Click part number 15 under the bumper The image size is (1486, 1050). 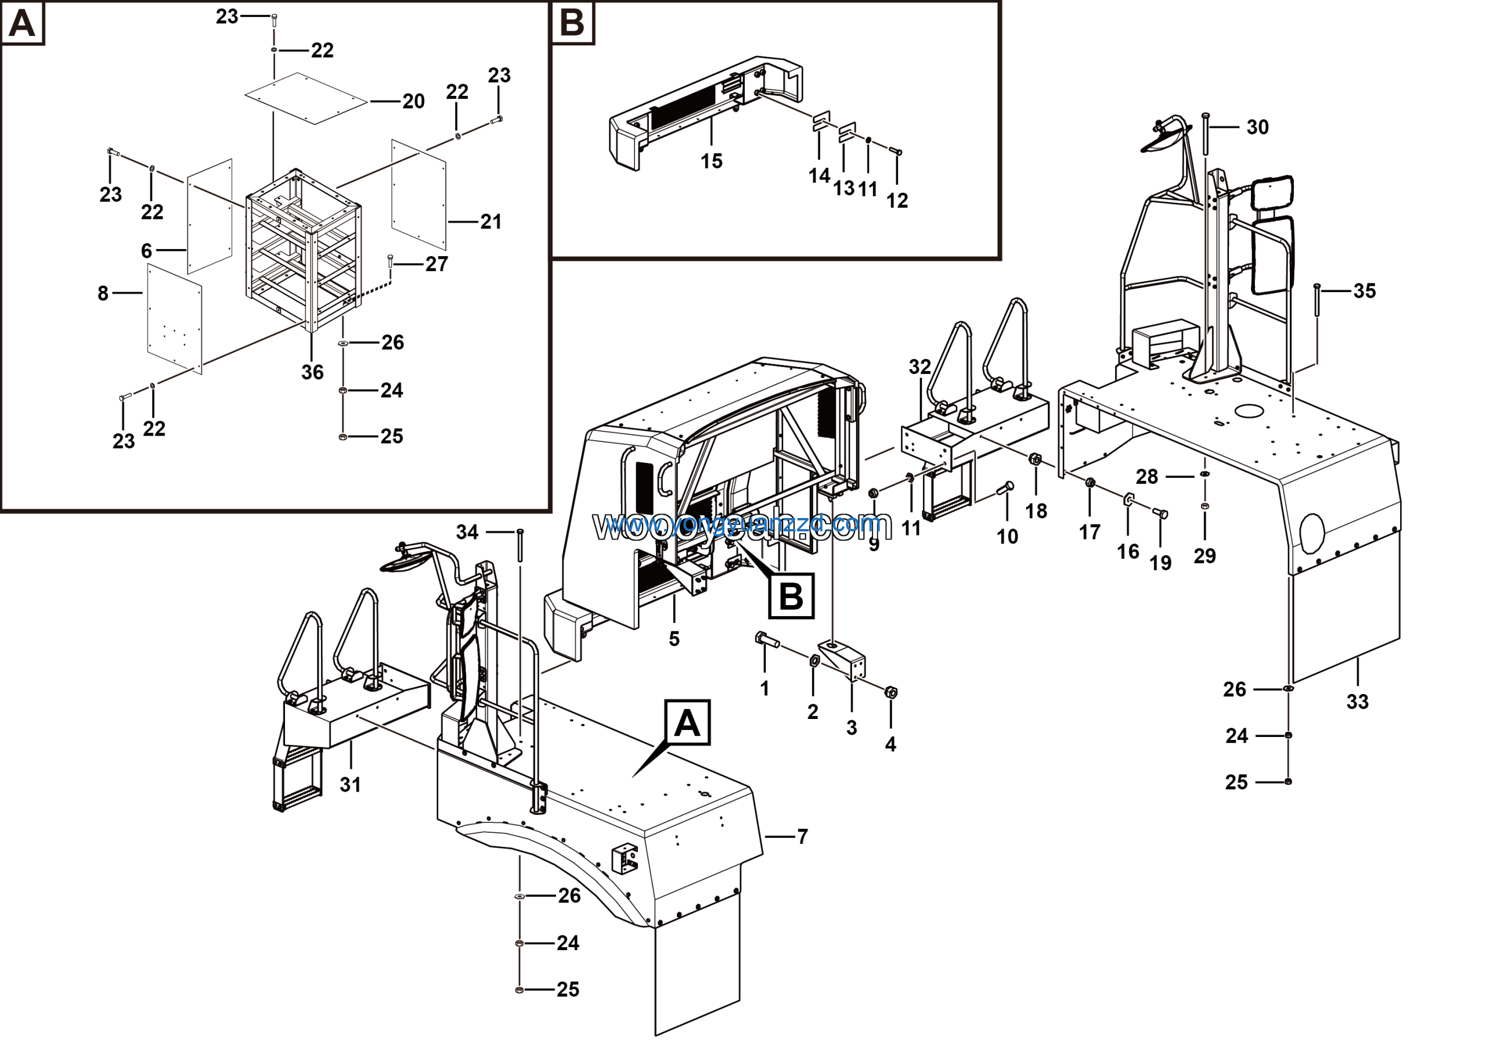click(x=711, y=161)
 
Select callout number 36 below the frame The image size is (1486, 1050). click(x=312, y=372)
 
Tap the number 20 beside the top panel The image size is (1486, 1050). click(x=413, y=102)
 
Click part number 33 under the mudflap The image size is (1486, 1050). click(x=1357, y=702)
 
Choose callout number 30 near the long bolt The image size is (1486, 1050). click(x=1257, y=128)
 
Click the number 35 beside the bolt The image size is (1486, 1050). click(x=1364, y=292)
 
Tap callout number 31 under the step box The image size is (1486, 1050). click(x=350, y=785)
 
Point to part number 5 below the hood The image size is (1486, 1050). click(x=675, y=639)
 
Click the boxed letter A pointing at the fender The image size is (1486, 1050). click(x=687, y=722)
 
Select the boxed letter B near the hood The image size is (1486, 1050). click(x=791, y=595)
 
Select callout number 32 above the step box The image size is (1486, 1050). click(x=919, y=367)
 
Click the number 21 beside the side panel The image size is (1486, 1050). click(x=491, y=222)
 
